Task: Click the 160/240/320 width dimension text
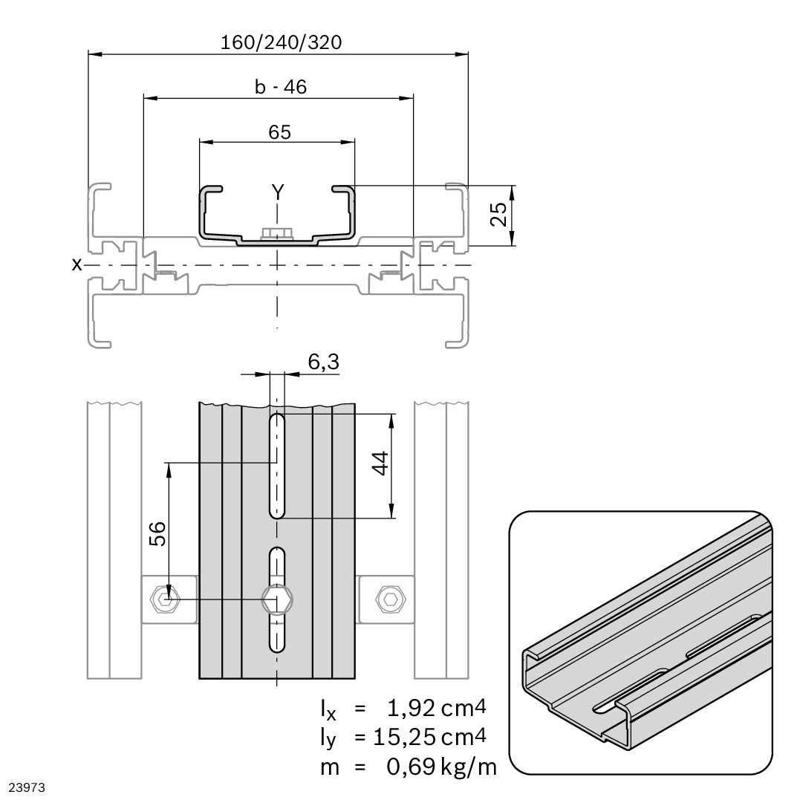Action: pos(281,42)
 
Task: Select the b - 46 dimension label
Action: pos(280,87)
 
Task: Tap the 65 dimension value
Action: pos(279,132)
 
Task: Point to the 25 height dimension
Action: pos(501,215)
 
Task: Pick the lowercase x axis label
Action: pos(76,264)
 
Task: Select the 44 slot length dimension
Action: pos(380,466)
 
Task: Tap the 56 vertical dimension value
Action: pos(157,533)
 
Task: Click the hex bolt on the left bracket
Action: pos(163,599)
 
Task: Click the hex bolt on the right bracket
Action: pos(387,599)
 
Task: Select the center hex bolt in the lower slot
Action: pos(277,599)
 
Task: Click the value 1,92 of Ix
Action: pos(406,709)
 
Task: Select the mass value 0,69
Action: pos(406,767)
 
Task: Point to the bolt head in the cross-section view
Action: pos(276,234)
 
